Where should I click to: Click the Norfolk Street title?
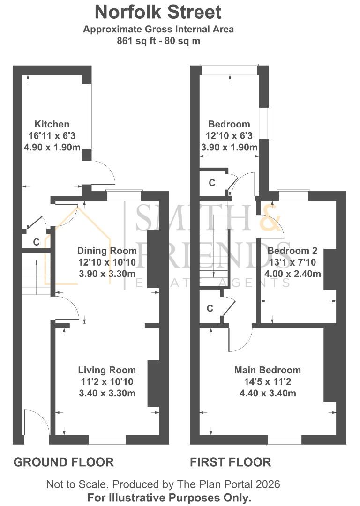(158, 11)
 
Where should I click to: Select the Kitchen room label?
(52, 124)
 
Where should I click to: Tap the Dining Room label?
(107, 251)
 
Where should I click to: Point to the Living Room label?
(107, 370)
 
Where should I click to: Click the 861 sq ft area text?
(158, 41)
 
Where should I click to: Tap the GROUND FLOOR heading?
(63, 462)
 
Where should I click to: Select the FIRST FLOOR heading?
(230, 462)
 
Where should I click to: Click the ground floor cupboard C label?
(36, 242)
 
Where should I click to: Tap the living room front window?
(107, 439)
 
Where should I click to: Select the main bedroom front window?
(285, 439)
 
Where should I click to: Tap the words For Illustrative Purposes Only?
(169, 497)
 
